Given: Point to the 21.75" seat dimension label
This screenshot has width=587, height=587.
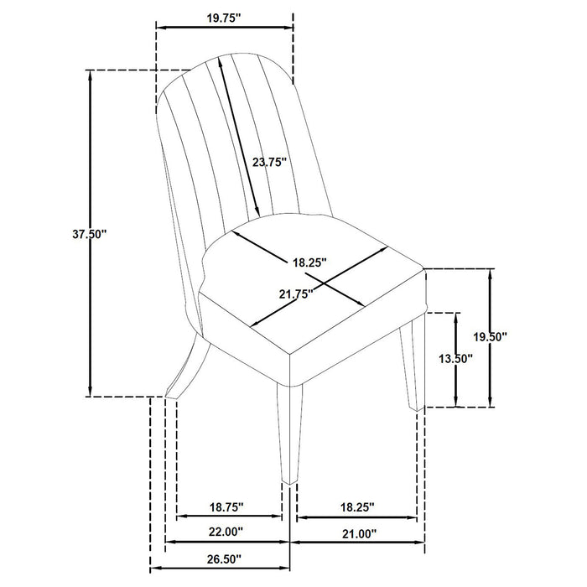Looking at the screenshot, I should click(x=294, y=293).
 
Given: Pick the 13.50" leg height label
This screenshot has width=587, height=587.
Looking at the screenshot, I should click(x=456, y=359).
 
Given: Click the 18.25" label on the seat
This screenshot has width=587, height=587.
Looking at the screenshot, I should click(x=309, y=262).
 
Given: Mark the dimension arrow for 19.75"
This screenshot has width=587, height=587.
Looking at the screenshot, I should click(x=225, y=25).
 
